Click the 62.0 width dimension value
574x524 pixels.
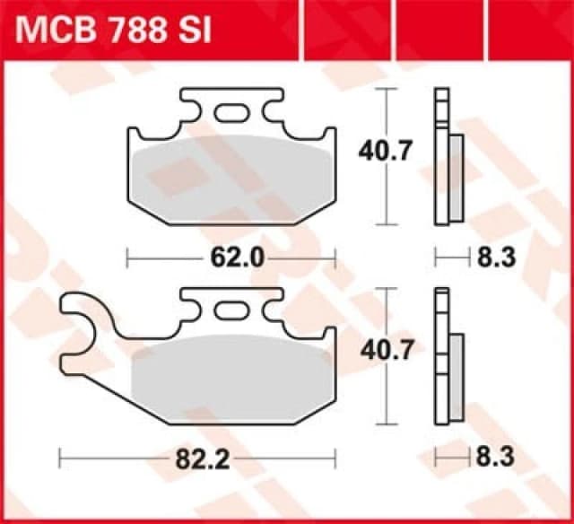[231, 259]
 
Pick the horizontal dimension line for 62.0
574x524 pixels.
[161, 259]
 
